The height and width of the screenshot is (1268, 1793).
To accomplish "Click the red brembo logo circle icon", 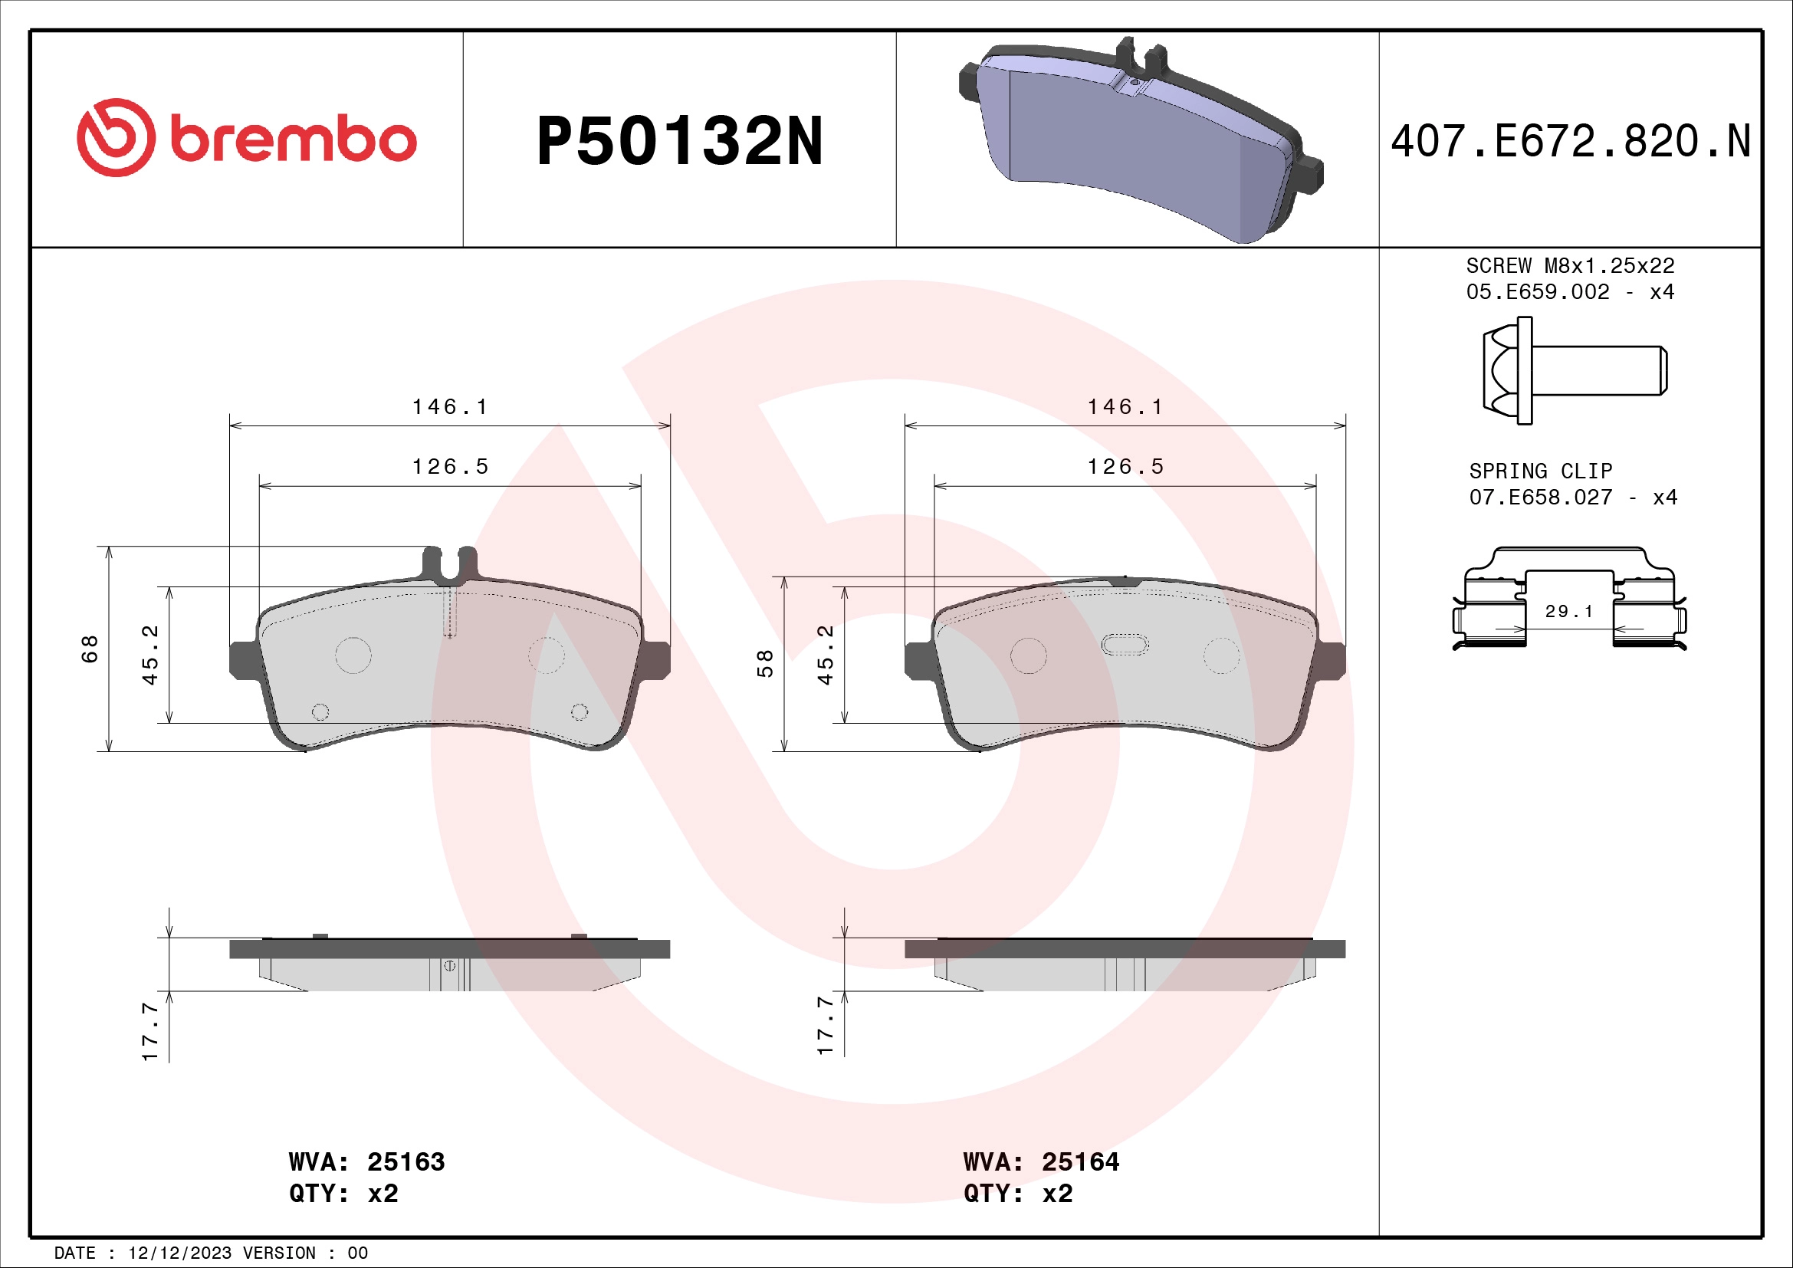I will [116, 137].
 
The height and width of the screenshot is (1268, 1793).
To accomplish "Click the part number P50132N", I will [679, 141].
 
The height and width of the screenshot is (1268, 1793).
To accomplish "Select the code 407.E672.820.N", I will [1570, 141].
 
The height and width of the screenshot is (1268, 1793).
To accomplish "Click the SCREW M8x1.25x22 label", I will [1570, 266].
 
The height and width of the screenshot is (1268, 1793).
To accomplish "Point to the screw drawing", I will [1573, 370].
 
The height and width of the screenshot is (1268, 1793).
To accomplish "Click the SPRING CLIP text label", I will [1540, 471].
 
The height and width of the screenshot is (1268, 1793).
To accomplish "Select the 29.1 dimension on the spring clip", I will [1568, 611].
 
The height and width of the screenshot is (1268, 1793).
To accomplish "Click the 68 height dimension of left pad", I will [90, 649].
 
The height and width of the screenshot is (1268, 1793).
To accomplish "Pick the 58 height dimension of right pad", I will [765, 663].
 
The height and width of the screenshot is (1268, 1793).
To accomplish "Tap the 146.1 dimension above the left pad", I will [450, 407].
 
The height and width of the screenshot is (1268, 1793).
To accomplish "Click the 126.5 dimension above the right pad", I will [1125, 467].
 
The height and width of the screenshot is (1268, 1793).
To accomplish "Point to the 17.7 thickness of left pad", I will [150, 1031].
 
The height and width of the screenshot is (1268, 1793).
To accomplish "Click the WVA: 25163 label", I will [366, 1161].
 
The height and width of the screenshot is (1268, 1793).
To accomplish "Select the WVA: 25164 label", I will [1041, 1161].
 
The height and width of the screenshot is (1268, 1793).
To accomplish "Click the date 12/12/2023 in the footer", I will [179, 1253].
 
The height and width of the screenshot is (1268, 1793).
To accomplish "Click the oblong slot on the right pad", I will [1125, 645].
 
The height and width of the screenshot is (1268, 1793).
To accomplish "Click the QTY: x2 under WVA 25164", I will [1017, 1194].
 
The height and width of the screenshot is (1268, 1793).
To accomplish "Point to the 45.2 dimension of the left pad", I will [150, 654].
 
